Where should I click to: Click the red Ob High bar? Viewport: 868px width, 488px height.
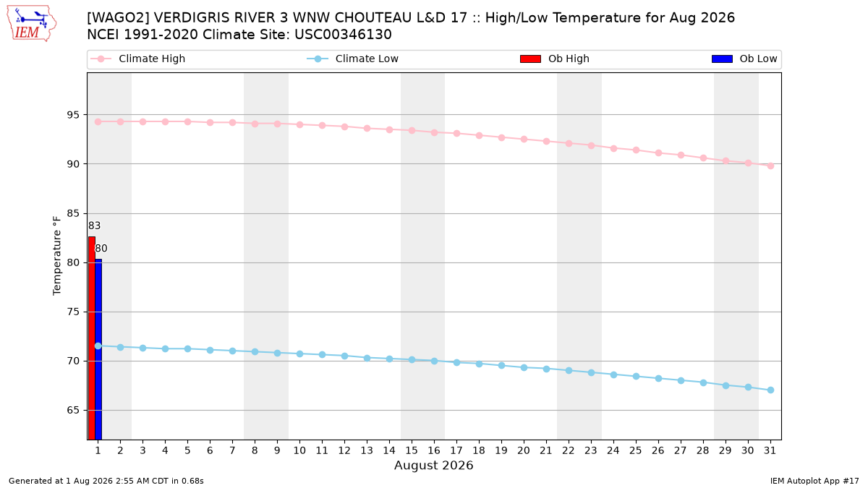click(x=92, y=338)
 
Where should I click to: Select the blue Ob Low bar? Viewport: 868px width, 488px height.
click(x=98, y=349)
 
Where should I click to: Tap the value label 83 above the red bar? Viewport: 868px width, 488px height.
click(x=94, y=226)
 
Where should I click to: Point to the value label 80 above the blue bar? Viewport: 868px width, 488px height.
click(x=101, y=248)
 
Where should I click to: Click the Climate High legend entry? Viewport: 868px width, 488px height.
click(x=137, y=59)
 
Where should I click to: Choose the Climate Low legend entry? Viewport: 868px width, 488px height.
click(x=352, y=59)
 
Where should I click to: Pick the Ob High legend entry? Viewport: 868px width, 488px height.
click(x=555, y=59)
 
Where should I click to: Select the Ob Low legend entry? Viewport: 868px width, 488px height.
click(x=744, y=59)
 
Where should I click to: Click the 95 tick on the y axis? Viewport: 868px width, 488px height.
click(x=73, y=115)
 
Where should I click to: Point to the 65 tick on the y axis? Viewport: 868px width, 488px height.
click(x=73, y=410)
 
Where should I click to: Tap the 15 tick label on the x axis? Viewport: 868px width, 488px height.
click(x=412, y=450)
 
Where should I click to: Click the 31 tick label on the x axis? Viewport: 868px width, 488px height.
click(x=770, y=450)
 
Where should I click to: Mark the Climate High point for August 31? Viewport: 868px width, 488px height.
click(x=771, y=166)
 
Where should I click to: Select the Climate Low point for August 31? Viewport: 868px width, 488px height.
click(x=771, y=390)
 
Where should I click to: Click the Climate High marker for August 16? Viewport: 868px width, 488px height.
click(x=435, y=132)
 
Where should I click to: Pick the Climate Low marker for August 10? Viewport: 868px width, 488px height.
click(x=299, y=354)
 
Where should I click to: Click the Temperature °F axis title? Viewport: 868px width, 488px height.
click(x=57, y=256)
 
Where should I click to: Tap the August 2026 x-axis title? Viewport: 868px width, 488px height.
click(x=434, y=465)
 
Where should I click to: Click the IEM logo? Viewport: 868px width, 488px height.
click(x=31, y=23)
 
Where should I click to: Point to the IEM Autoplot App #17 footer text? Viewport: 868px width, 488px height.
click(x=814, y=481)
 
